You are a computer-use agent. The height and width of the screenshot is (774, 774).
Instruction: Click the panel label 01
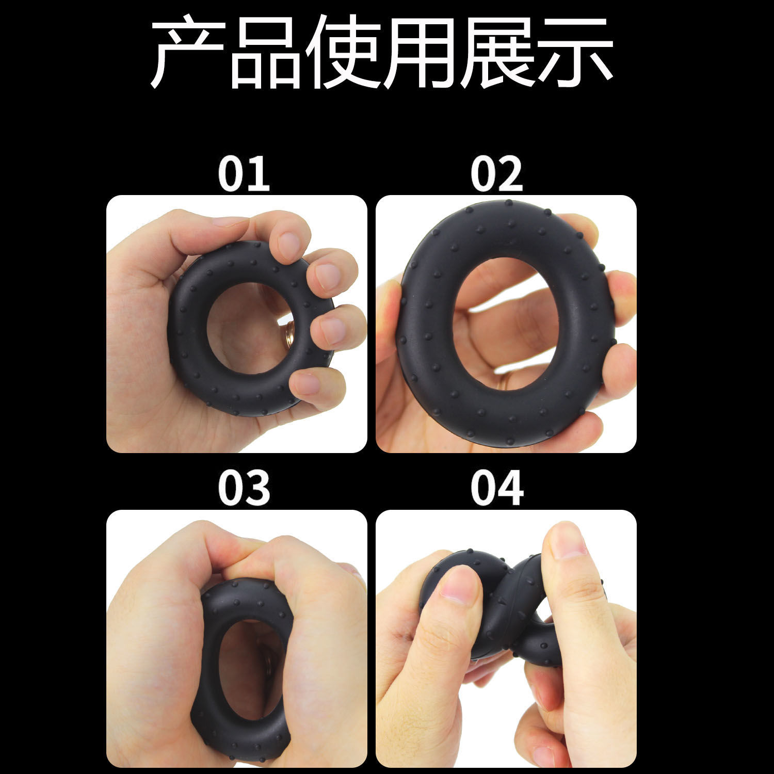tap(244, 174)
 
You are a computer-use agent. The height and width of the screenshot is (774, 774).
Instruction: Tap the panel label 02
tap(496, 174)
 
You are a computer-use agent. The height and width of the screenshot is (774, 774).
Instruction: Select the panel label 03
tap(244, 488)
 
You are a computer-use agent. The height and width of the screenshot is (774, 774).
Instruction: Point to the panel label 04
tap(496, 488)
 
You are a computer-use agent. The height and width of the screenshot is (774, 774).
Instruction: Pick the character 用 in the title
tap(421, 52)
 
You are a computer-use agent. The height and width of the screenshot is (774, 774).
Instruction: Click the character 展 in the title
tap(498, 52)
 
